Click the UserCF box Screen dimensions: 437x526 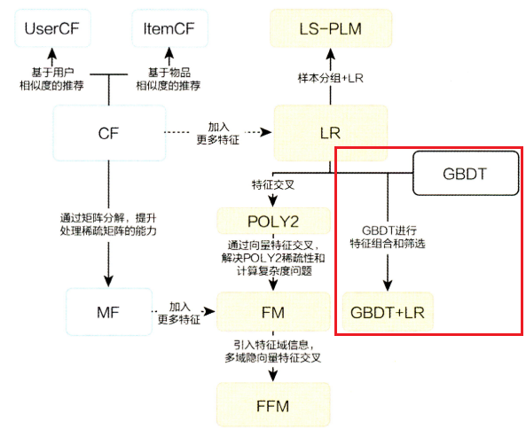click(x=52, y=29)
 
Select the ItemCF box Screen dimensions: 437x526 click(x=169, y=29)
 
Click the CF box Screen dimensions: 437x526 click(x=107, y=133)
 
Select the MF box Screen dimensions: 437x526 click(x=107, y=311)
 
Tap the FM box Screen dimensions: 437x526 click(x=273, y=311)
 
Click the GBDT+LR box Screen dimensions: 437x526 click(x=388, y=312)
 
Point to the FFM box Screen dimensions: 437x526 click(x=273, y=404)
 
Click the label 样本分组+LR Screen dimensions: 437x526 click(x=330, y=78)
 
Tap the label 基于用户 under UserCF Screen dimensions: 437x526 click(x=53, y=71)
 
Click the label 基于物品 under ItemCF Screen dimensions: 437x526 click(x=169, y=71)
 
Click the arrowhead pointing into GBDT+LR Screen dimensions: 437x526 click(x=388, y=285)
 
